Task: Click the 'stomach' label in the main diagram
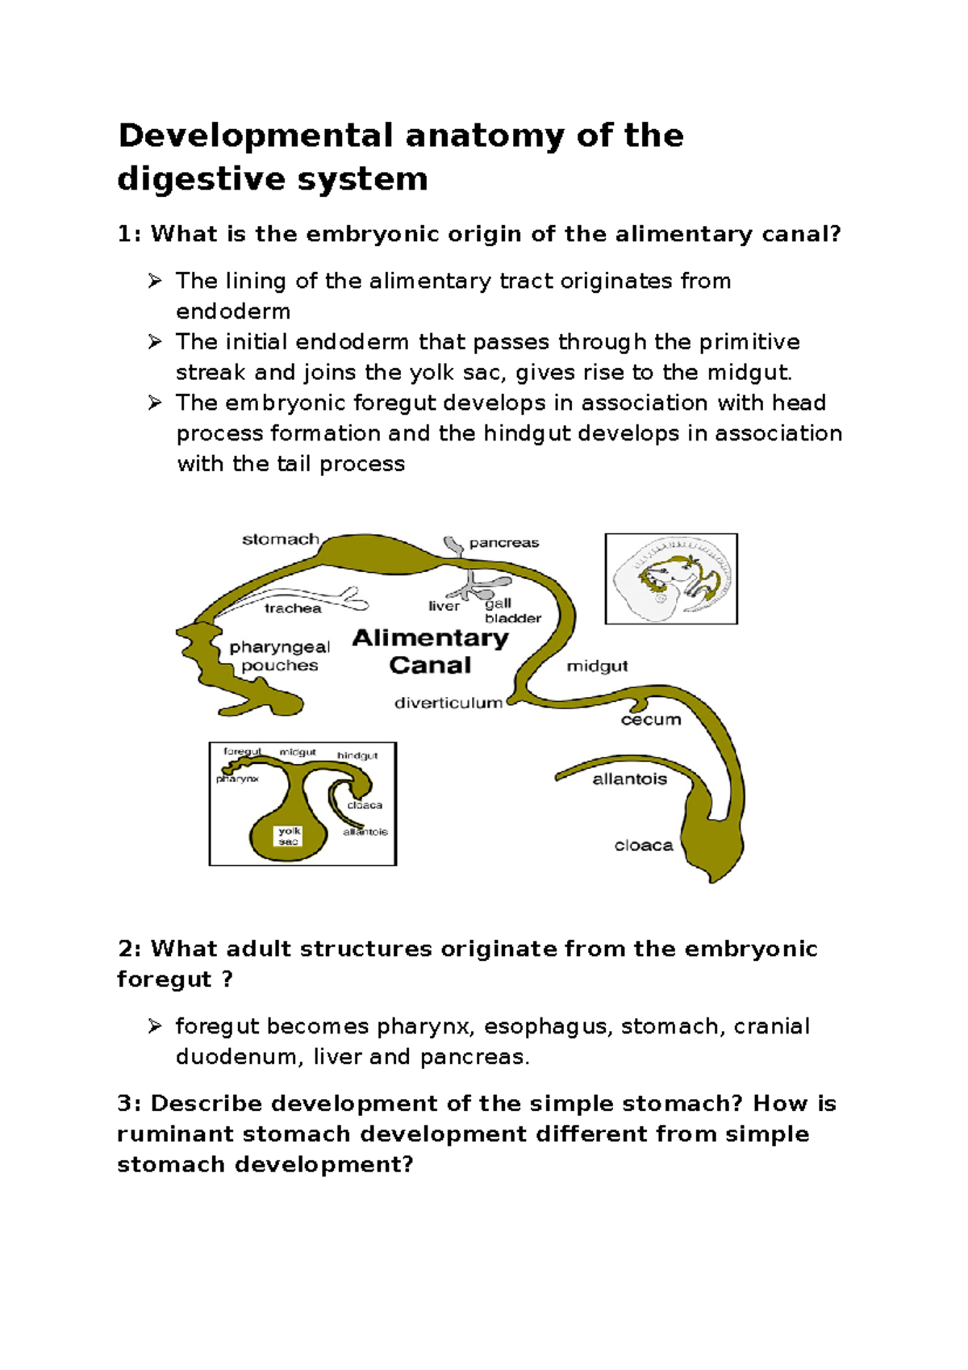click(280, 539)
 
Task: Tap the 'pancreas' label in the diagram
click(503, 543)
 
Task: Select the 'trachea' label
click(292, 608)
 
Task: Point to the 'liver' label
click(444, 606)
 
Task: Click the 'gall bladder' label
click(512, 611)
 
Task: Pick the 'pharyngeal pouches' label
click(279, 656)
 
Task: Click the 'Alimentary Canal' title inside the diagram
click(431, 651)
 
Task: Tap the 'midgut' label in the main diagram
click(597, 666)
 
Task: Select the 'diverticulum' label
click(448, 703)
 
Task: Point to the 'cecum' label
click(650, 720)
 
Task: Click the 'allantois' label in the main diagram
click(629, 779)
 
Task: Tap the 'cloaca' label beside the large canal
click(643, 846)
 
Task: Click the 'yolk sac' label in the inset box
click(289, 836)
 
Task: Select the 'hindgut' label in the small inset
click(357, 756)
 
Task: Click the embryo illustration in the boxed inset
click(671, 578)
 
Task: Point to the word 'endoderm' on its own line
click(233, 311)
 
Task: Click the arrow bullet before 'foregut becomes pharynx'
click(155, 1026)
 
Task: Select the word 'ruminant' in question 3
click(175, 1134)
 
